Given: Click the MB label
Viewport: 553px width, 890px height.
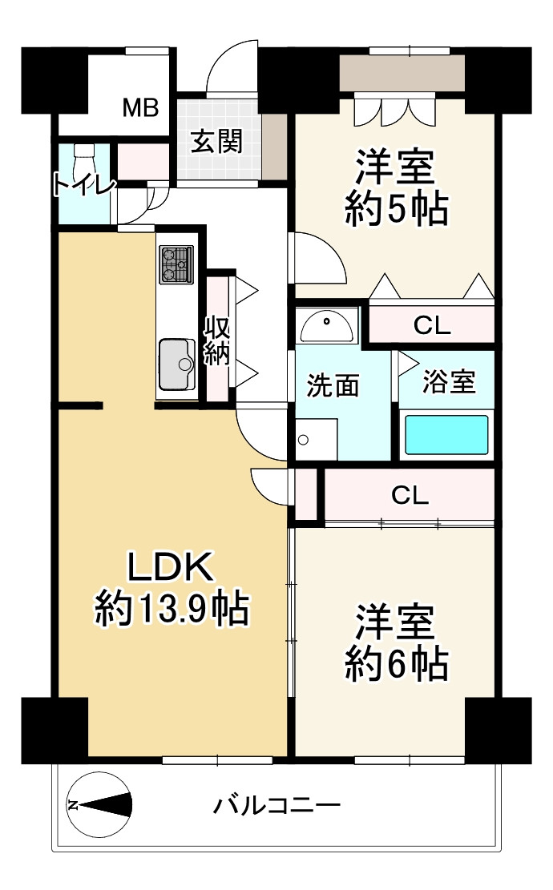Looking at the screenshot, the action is click(x=141, y=107).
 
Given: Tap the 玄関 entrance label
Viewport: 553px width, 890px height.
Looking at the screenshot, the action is click(x=216, y=141).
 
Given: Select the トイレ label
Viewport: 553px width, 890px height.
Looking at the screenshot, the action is click(x=84, y=184).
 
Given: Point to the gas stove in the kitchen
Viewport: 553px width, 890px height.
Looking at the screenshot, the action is click(x=176, y=264).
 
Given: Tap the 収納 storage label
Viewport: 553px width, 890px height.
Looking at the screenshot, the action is click(x=217, y=340).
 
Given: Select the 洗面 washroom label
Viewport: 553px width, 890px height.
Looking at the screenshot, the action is click(x=333, y=385).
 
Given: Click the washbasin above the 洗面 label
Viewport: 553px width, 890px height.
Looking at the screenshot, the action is click(x=326, y=326).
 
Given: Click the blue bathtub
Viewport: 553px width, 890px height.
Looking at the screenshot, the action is click(x=447, y=435).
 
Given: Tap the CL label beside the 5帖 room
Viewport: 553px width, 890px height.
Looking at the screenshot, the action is click(x=431, y=325).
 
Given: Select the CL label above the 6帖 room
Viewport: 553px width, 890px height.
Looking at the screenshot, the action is click(x=410, y=495).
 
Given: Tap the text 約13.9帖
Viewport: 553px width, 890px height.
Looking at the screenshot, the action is click(x=172, y=609).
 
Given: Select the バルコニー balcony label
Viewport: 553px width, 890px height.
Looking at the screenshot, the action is click(x=276, y=805).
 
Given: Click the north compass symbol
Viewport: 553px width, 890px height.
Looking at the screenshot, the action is click(x=99, y=804).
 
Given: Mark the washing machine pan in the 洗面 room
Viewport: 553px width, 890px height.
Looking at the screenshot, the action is click(x=317, y=439).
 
